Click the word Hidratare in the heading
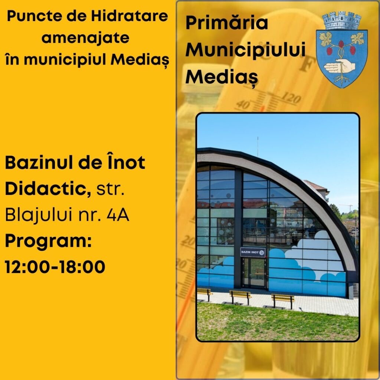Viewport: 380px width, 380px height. (x=130, y=16)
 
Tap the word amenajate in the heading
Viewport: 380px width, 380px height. (x=85, y=38)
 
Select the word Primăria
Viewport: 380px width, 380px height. (x=227, y=23)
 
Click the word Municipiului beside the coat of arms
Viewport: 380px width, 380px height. (x=245, y=50)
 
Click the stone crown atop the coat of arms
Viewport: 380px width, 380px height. (x=342, y=21)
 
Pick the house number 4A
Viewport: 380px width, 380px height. (x=118, y=215)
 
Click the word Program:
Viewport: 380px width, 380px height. (x=49, y=242)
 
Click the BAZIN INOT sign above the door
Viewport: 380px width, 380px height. (x=252, y=252)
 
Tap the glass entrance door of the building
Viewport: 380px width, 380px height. (x=254, y=273)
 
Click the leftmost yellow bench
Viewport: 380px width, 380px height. (x=204, y=294)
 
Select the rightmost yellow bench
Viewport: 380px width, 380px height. (x=282, y=301)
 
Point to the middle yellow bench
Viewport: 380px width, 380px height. (x=240, y=297)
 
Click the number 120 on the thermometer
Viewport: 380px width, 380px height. (x=291, y=98)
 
